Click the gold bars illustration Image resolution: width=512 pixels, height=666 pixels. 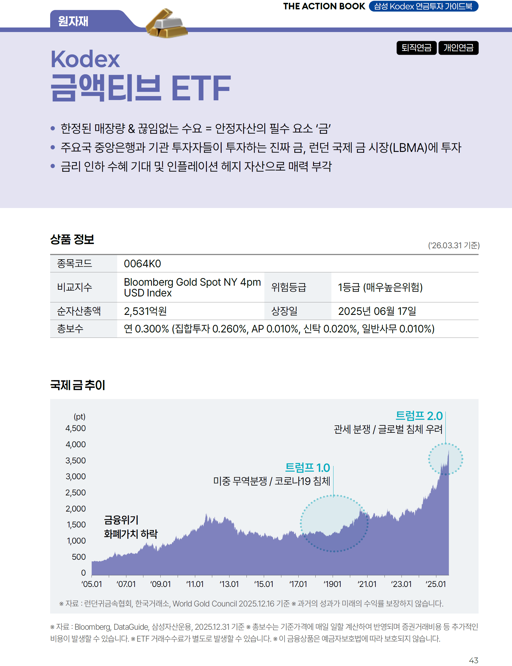tap(166, 24)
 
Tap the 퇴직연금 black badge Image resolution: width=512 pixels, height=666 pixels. tap(416, 48)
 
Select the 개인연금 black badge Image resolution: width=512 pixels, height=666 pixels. tap(458, 48)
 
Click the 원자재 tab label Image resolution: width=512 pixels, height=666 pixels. tap(73, 21)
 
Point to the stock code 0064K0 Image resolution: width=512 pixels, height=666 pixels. tap(142, 264)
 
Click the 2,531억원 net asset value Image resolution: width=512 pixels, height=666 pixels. tap(145, 311)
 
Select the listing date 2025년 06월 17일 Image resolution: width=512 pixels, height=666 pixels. tap(377, 311)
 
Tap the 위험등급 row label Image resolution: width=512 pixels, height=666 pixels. tap(288, 287)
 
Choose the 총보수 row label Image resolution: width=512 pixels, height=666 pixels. tap(70, 328)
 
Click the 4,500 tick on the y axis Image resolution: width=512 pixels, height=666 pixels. tap(76, 428)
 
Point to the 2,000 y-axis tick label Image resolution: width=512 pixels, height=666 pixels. tap(76, 508)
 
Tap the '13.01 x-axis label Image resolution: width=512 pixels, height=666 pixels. tap(229, 584)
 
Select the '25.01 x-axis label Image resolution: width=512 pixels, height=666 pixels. tap(435, 584)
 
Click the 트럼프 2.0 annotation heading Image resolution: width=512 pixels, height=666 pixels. tap(419, 416)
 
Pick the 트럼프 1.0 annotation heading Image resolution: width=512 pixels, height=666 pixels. tap(307, 468)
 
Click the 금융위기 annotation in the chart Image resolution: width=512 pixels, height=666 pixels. tap(121, 520)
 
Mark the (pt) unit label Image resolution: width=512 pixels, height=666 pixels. tap(80, 416)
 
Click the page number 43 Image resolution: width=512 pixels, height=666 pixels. tap(473, 660)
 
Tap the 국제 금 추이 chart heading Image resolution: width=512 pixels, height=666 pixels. tap(77, 385)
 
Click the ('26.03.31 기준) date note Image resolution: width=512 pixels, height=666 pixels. tap(453, 245)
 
